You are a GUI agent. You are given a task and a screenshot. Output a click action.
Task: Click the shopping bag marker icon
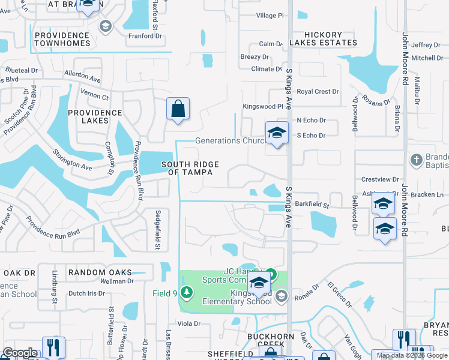coord(178,109)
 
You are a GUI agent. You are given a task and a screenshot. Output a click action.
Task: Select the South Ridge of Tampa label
coord(189,169)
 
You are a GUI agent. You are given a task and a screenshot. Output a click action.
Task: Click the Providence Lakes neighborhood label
coord(95,116)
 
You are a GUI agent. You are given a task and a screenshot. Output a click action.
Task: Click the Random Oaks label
coord(100,272)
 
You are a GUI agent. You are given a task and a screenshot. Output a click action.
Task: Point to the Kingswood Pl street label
coord(262,106)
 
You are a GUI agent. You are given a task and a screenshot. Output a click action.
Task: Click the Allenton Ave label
coord(82,77)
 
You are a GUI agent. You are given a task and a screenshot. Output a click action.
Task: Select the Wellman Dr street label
coord(116,281)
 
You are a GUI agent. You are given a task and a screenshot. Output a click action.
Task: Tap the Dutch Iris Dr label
coord(86,293)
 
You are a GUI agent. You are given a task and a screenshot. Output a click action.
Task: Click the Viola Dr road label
coord(188,324)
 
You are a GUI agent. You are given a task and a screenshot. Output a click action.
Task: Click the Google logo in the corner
coord(20,353)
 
